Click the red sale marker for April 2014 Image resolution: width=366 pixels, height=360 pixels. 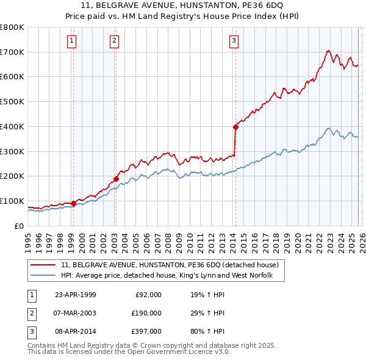point(235,127)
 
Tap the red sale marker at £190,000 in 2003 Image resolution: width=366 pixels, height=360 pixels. point(115,179)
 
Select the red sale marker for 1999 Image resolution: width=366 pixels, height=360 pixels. point(73,203)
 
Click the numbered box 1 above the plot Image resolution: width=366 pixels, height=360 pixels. point(72,41)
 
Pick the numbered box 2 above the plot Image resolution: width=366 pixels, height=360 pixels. point(114,41)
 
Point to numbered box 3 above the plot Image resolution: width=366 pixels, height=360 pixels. point(234,41)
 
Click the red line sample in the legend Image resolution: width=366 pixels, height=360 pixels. point(43,265)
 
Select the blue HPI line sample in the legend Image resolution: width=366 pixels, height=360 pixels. point(43,276)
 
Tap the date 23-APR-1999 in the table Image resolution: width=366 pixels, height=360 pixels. point(75,295)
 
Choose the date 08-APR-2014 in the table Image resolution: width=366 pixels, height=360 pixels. point(75,331)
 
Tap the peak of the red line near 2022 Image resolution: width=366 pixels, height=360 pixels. point(328,51)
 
